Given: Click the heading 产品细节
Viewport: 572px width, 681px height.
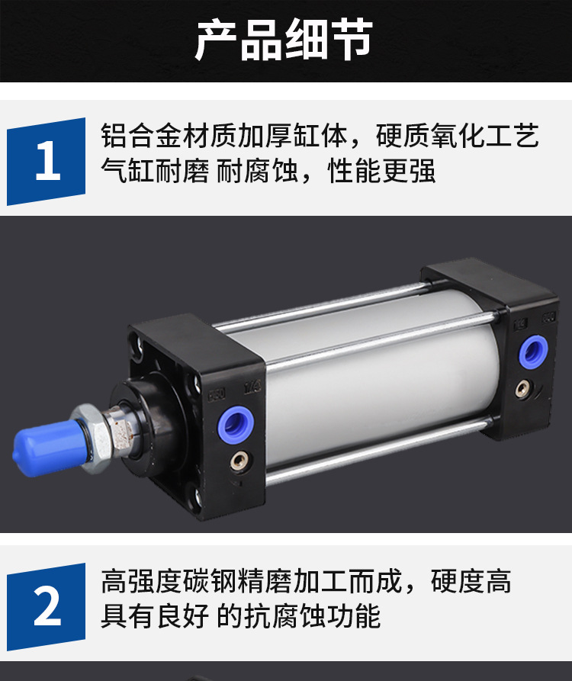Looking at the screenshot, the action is (284, 39).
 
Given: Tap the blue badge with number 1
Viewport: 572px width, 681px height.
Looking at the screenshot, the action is (46, 161).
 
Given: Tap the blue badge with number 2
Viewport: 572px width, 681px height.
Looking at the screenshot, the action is (46, 607).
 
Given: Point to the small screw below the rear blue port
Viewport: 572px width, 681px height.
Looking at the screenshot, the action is (523, 388).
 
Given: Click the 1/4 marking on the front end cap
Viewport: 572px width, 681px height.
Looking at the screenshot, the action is (252, 387).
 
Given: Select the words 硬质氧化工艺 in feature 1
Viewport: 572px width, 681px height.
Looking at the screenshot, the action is (458, 136).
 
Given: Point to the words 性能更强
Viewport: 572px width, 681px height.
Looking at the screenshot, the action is (382, 171).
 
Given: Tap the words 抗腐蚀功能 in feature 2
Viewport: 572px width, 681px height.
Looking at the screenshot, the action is (312, 616).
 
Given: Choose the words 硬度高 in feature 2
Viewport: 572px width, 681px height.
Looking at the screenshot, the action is (471, 581).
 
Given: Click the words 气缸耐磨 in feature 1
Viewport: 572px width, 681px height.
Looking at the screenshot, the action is (155, 171).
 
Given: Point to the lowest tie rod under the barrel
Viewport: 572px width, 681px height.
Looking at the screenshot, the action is (378, 451).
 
